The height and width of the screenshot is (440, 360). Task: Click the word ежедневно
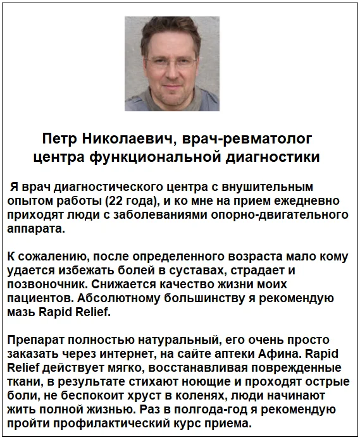tap(313, 202)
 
